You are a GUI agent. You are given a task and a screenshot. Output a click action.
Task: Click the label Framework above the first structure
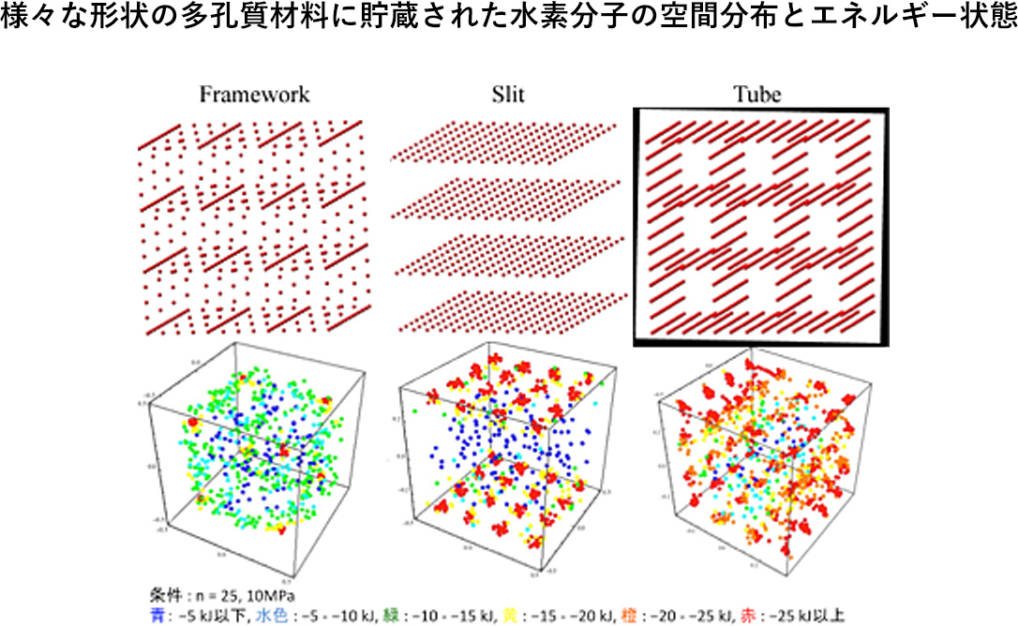253,95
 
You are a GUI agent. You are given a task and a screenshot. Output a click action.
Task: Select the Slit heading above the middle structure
508,95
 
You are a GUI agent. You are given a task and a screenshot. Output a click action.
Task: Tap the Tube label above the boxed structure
756,95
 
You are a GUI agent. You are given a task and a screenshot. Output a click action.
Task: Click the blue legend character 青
156,615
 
